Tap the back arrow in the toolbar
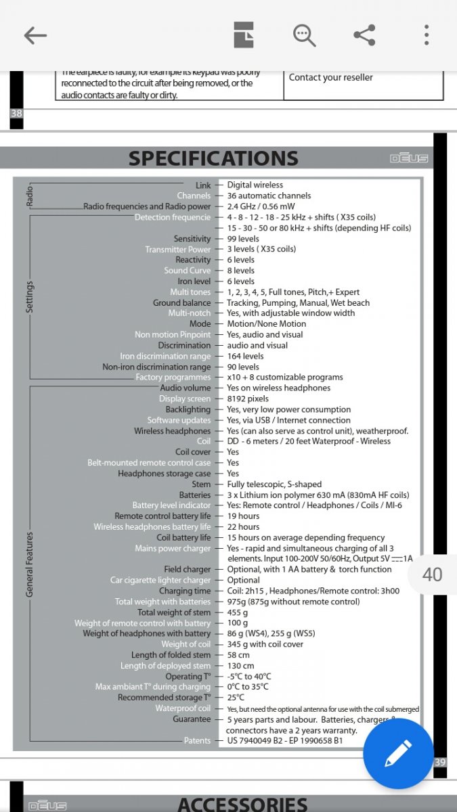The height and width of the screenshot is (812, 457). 35,35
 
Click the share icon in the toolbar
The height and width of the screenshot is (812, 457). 364,35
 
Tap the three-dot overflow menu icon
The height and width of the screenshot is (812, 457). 427,35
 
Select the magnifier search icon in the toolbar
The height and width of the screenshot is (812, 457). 304,35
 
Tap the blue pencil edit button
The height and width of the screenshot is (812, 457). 398,754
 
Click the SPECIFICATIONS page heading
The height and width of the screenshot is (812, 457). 213,158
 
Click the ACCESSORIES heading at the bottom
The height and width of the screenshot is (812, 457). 242,804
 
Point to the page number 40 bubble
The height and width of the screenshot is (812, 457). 432,574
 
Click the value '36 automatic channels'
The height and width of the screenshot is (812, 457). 269,196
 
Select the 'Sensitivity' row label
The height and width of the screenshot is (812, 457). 192,239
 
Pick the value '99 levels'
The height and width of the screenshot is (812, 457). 243,239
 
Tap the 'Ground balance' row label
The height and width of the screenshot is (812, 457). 181,302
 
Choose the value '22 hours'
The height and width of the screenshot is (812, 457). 243,526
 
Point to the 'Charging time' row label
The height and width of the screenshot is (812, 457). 185,591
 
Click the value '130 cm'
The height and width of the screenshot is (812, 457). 241,666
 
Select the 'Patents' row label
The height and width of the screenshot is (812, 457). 197,741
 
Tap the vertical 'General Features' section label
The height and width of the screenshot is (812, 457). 30,564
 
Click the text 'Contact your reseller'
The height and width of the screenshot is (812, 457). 331,77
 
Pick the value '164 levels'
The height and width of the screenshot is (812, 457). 245,356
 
